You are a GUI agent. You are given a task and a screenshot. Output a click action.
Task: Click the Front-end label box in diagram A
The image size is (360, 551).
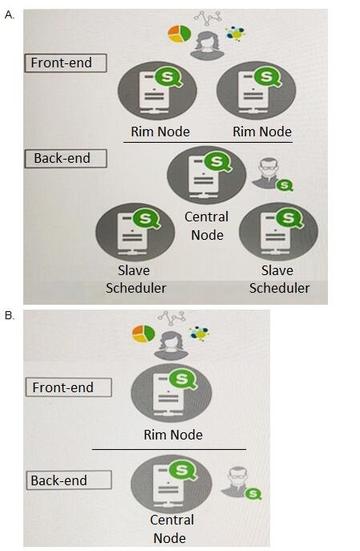[66, 63]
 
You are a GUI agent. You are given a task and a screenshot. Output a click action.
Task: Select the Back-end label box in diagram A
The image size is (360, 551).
[66, 159]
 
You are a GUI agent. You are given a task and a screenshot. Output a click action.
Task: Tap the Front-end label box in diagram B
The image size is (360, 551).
[69, 387]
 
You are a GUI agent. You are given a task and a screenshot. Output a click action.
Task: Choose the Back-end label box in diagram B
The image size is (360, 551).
[69, 480]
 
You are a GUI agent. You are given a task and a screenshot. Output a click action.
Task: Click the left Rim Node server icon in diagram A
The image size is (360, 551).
[157, 91]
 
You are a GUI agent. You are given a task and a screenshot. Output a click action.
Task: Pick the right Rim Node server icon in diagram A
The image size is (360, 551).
[257, 91]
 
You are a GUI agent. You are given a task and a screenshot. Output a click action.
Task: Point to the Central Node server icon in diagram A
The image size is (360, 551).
[207, 175]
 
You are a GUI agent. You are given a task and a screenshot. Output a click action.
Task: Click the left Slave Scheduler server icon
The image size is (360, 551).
[136, 232]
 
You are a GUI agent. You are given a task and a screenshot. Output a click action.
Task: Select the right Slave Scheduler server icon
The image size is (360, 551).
[279, 232]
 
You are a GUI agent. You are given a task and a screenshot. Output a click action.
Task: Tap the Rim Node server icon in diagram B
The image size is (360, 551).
[172, 393]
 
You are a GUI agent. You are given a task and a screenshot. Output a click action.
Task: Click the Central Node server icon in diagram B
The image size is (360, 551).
[172, 484]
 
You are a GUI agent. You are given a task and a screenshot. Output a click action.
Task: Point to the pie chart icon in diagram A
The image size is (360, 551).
[179, 34]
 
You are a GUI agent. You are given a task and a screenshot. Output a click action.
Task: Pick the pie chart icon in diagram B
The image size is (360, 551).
[144, 334]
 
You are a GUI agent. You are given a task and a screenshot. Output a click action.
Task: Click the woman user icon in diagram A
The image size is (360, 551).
[207, 46]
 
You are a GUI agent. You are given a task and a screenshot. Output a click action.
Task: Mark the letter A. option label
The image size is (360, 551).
[10, 15]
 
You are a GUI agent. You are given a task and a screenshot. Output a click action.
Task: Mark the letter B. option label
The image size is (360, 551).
[10, 315]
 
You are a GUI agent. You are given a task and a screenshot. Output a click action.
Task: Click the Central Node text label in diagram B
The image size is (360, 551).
[172, 529]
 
